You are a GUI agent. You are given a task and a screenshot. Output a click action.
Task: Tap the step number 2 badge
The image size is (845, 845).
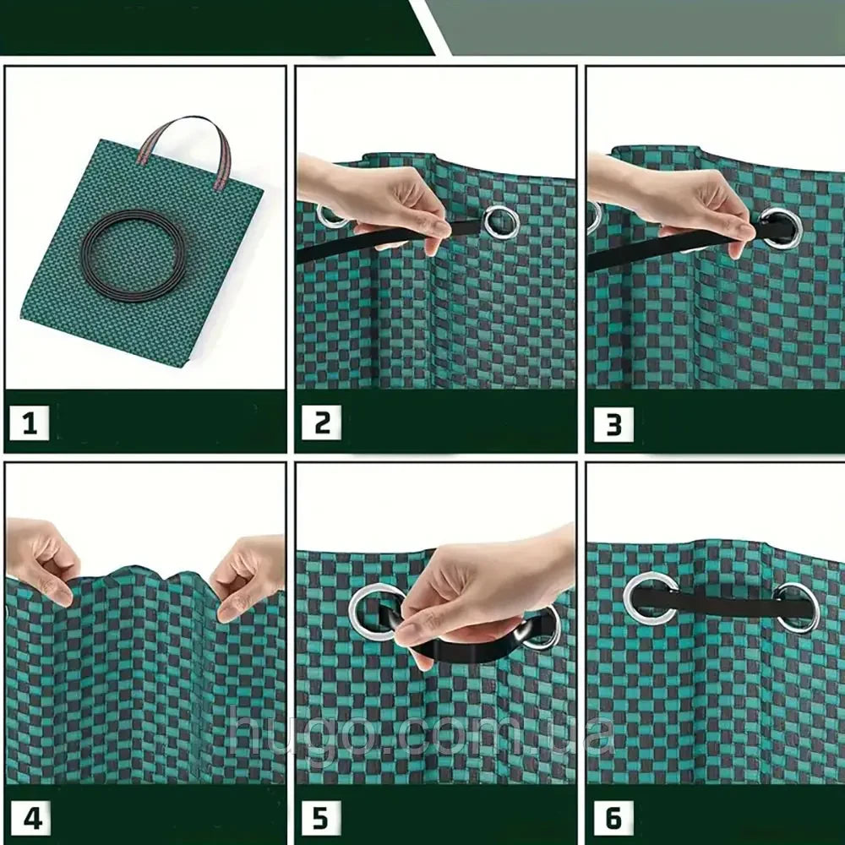[321, 422]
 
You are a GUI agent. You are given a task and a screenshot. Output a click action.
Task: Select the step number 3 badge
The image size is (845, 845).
[613, 424]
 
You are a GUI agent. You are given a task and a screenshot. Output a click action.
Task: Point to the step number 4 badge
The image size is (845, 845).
[32, 819]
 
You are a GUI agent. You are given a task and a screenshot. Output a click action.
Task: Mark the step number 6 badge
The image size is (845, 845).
[613, 819]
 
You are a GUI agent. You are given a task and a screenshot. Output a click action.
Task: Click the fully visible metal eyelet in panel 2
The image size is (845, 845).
[502, 221]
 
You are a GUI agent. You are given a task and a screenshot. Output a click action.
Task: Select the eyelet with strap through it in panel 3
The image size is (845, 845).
[782, 228]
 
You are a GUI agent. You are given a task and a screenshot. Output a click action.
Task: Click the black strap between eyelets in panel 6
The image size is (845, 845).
[722, 602]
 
